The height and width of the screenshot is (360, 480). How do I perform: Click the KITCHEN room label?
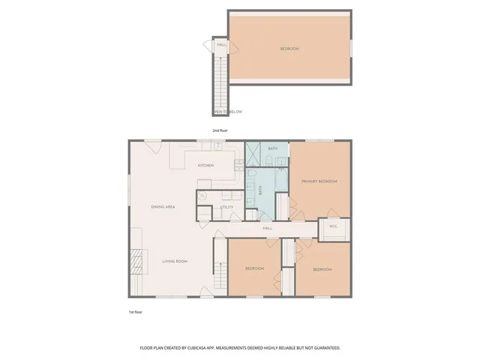(x=205, y=165)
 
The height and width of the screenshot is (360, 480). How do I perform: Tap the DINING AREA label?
(x=163, y=206)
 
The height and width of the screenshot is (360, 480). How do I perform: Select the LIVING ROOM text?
(x=175, y=261)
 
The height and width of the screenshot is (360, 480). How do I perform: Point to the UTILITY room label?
(x=226, y=207)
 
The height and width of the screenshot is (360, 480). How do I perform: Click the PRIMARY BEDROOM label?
(x=319, y=181)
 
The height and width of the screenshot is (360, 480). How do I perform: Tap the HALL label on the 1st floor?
(x=266, y=227)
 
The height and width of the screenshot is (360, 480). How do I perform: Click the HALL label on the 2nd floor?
(x=221, y=45)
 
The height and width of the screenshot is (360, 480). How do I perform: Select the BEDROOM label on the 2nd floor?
(x=289, y=49)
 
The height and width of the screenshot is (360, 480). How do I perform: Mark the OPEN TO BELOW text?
(x=228, y=112)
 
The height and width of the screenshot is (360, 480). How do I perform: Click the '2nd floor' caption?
(x=219, y=130)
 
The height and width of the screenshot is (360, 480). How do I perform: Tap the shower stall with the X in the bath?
(x=256, y=154)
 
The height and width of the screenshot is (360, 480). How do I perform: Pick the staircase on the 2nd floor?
(x=220, y=82)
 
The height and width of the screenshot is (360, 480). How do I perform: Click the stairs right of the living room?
(x=220, y=274)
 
